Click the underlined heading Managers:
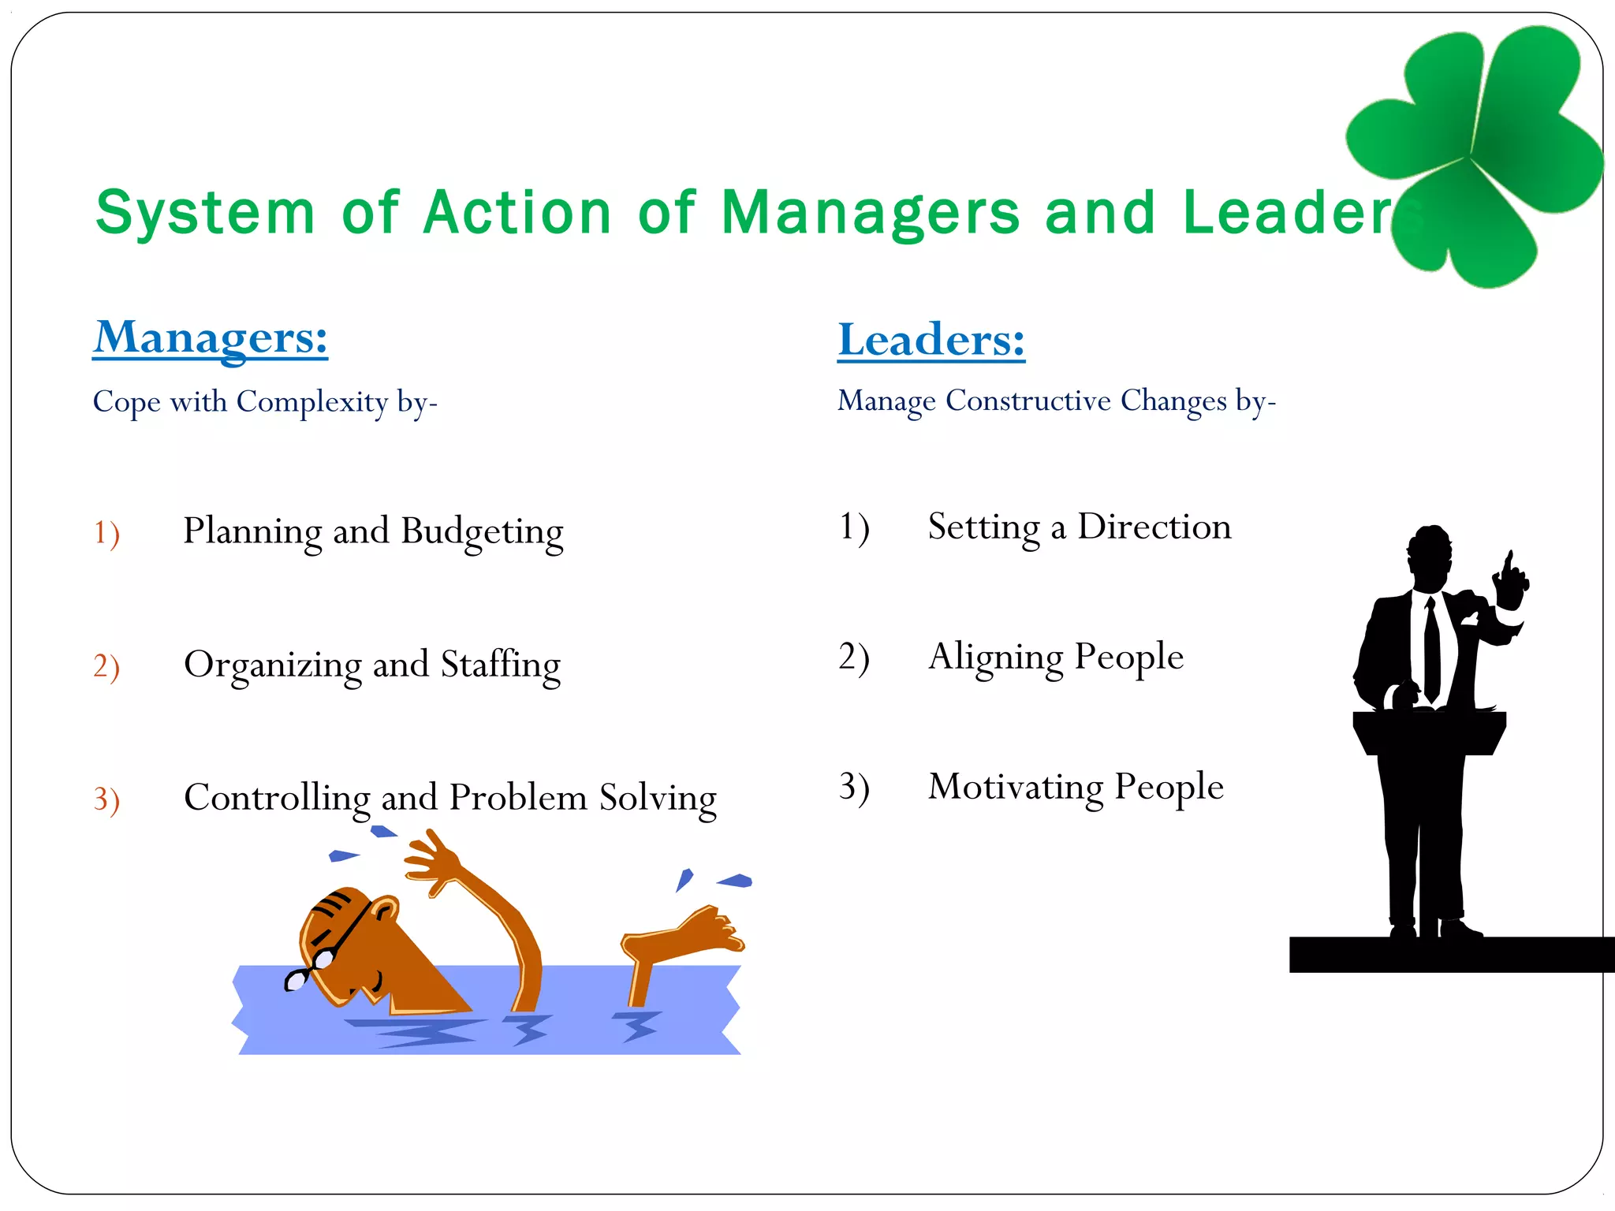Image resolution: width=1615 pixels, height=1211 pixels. (210, 338)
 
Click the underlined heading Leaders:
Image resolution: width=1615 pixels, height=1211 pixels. (931, 341)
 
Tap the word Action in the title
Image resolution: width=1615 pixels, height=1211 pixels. (517, 213)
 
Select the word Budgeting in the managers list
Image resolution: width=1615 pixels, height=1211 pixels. (482, 532)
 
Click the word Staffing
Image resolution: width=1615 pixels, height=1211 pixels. (500, 665)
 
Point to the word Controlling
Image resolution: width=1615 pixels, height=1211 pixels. (276, 798)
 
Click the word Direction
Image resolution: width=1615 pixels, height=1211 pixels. (1154, 527)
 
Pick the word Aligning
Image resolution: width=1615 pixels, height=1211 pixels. (995, 658)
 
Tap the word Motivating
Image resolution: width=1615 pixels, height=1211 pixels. (1016, 787)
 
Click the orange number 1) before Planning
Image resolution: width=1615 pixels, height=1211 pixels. (106, 533)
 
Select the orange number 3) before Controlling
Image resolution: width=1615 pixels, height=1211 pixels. (106, 799)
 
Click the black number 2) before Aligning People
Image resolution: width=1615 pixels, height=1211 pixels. (853, 657)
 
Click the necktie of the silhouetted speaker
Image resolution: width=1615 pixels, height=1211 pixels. (1431, 650)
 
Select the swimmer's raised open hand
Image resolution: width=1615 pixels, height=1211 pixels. (432, 863)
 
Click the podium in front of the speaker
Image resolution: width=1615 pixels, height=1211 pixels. (1429, 733)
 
